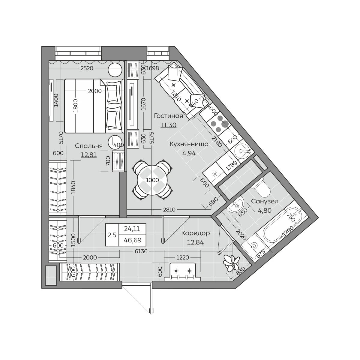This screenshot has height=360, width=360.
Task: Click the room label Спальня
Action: coord(89,146)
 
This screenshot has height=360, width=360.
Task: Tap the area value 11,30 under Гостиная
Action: coord(168,125)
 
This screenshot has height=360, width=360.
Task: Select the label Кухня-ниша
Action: coord(189,144)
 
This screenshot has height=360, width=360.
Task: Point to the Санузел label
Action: coord(265,201)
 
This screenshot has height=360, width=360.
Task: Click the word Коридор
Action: coord(196,233)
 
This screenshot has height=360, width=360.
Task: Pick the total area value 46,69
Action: coord(133,240)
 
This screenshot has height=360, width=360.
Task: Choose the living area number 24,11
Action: coord(132,229)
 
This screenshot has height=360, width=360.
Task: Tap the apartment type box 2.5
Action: coord(112,235)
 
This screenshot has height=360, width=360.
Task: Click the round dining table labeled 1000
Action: coord(152,180)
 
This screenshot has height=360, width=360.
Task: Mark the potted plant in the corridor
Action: coord(231,263)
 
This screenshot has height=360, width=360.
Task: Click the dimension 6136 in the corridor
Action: coord(141,251)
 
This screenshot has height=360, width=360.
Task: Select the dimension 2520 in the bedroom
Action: coord(87,68)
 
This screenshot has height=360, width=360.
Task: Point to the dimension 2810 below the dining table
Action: coord(169,210)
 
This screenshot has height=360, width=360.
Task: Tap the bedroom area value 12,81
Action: coord(89,155)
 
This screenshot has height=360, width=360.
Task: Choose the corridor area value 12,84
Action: coord(196,242)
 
